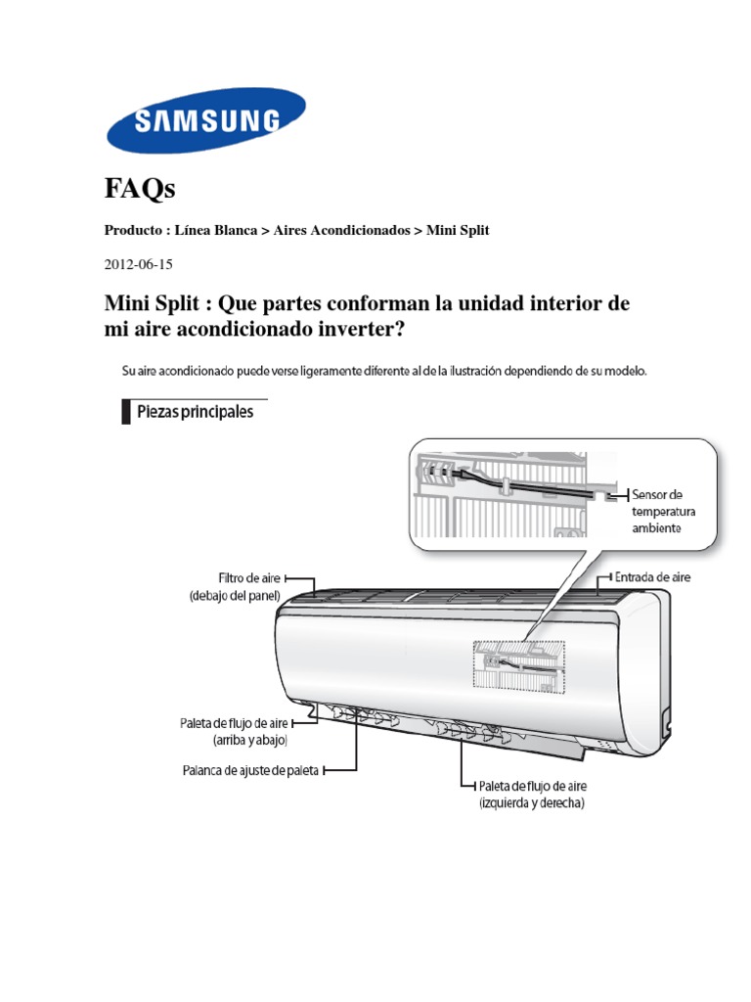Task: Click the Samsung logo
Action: click(x=205, y=120)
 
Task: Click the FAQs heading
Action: click(x=140, y=188)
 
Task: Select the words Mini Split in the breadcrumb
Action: click(x=458, y=230)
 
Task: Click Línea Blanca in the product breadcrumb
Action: click(x=214, y=230)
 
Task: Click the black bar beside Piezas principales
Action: click(x=126, y=412)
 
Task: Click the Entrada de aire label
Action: click(x=652, y=577)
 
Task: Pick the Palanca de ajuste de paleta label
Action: click(x=249, y=769)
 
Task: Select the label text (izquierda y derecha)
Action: click(x=532, y=803)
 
